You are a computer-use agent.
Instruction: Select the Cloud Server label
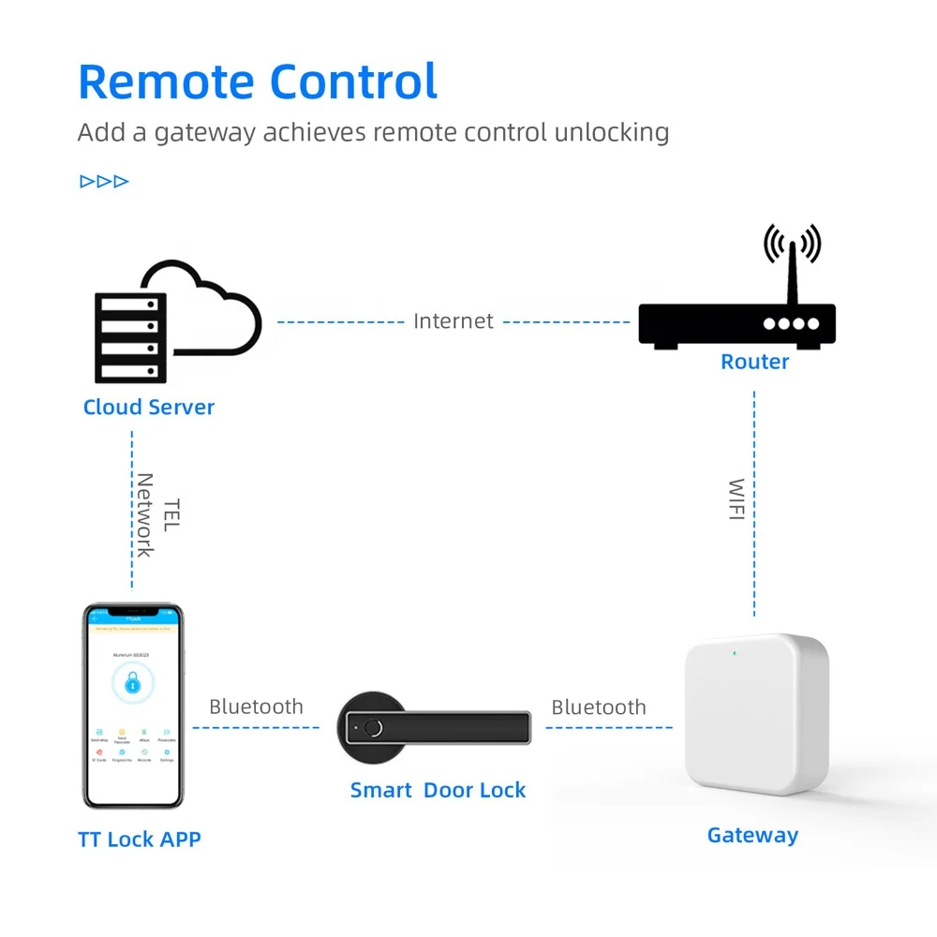[149, 407]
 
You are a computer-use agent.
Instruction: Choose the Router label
[754, 362]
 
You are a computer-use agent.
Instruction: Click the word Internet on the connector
[454, 321]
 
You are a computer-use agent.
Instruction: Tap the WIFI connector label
[737, 499]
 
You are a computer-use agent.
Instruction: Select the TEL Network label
[157, 514]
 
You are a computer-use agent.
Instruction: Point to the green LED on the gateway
[737, 653]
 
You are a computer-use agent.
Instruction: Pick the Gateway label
[752, 835]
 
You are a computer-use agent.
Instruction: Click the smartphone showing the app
[133, 706]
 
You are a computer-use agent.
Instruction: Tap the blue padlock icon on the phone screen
[132, 683]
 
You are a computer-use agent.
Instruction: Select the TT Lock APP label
[140, 839]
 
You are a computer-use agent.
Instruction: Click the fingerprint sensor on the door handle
[374, 726]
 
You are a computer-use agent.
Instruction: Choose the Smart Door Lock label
[438, 790]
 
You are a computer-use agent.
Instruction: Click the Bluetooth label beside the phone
[256, 706]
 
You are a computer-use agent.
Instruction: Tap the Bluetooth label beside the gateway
[599, 707]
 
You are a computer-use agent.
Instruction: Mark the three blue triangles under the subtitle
[104, 181]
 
